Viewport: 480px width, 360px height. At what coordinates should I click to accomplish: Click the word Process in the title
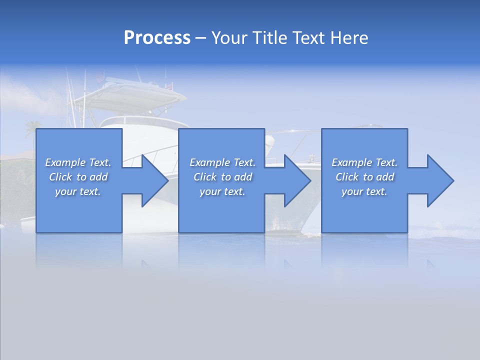point(157,38)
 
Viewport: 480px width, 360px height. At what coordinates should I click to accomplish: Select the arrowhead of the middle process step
point(297,180)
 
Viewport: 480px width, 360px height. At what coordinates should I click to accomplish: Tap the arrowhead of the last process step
point(440,180)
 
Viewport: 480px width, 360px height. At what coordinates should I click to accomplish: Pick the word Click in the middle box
point(205,177)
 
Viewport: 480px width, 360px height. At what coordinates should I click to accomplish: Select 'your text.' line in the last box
point(364,191)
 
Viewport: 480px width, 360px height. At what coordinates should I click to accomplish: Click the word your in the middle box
point(210,191)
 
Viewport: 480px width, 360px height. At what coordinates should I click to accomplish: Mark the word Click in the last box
point(347,177)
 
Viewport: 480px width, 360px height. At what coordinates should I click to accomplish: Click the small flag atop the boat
point(100,77)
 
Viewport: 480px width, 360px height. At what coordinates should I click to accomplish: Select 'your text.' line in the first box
point(78,191)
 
